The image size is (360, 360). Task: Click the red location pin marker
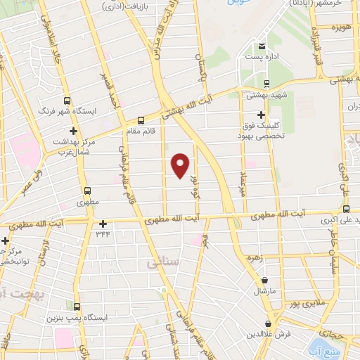181,165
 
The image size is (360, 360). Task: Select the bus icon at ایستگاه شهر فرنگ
67,100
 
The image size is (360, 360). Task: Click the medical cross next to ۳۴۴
103,224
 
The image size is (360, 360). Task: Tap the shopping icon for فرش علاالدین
267,323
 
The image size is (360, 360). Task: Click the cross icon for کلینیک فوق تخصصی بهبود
262,115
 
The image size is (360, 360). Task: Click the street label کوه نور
193,182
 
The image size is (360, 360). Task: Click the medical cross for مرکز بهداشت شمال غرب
72,131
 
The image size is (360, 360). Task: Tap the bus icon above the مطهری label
88,191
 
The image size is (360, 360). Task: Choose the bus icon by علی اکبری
345,209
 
